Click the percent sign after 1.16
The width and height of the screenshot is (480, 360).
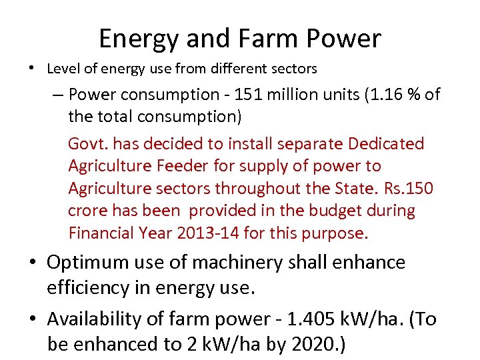click(416, 95)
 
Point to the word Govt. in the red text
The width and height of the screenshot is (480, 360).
click(87, 144)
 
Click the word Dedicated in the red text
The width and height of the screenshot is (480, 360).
click(388, 144)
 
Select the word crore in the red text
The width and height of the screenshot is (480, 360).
click(87, 211)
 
